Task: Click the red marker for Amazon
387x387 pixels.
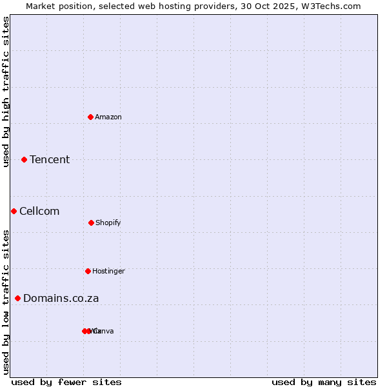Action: tap(90, 117)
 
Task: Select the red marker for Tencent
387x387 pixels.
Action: tap(24, 159)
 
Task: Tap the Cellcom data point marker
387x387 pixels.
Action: tap(14, 211)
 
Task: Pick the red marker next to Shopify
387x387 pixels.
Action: tap(91, 223)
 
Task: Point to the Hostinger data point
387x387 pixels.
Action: tap(88, 271)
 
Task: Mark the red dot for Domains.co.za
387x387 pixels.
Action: tap(17, 298)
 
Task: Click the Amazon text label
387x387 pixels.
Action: tap(108, 117)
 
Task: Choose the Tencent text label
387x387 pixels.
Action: tap(50, 159)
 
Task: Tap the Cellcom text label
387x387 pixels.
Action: tap(39, 211)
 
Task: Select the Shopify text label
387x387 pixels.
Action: tap(108, 223)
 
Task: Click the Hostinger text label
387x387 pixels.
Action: tap(108, 271)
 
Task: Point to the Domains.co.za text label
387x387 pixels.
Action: tap(61, 298)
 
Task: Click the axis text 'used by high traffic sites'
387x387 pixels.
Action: tap(6, 92)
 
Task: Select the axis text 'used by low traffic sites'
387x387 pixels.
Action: tap(6, 302)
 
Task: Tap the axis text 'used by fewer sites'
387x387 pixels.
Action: tap(66, 382)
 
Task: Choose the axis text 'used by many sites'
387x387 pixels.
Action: tap(324, 382)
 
